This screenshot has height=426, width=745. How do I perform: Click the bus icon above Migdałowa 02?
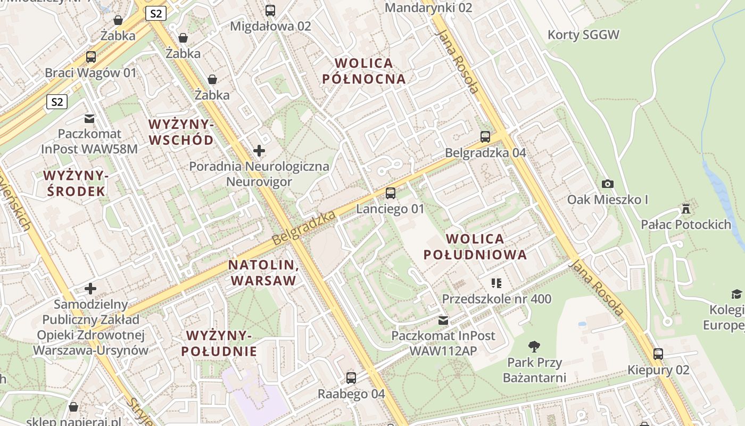tap(270, 10)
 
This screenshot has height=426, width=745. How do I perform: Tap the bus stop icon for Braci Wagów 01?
tap(91, 57)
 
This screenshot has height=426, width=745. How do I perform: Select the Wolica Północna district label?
tap(364, 71)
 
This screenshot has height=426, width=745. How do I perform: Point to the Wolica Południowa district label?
tap(475, 247)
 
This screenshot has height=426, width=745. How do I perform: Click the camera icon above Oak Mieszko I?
tap(607, 184)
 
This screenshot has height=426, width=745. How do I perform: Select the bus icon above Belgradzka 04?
tap(485, 137)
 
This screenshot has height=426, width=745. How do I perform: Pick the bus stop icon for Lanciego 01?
tap(391, 193)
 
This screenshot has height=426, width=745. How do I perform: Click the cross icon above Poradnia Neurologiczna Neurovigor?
tap(259, 151)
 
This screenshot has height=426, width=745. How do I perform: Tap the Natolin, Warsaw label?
tap(262, 273)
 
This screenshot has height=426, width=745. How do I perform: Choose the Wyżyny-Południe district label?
tap(219, 343)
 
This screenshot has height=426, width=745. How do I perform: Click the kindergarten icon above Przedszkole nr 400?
tap(496, 283)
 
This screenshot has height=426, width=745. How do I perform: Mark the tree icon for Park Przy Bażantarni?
tap(534, 347)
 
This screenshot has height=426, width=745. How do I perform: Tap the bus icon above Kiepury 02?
tap(658, 354)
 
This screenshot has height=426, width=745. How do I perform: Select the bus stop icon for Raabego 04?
tap(351, 378)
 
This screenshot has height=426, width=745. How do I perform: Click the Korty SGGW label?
tap(584, 35)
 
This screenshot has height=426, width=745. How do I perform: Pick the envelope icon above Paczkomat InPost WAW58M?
tap(89, 118)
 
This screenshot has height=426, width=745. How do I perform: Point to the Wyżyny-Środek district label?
tap(76, 183)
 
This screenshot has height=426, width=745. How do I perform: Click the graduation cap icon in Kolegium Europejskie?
tap(736, 294)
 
